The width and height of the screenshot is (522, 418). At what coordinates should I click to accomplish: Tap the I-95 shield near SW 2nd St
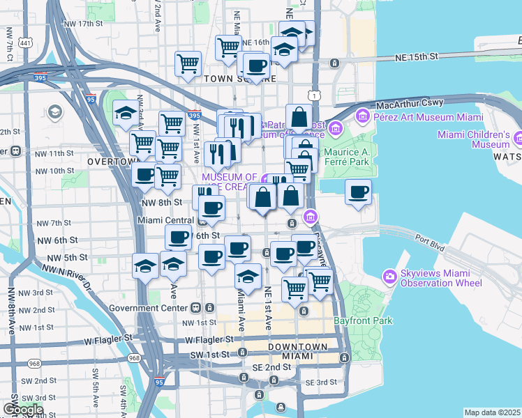160,382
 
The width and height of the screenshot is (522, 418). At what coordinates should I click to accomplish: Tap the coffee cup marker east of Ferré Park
359,192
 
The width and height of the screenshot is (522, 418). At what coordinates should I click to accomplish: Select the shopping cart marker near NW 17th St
228,47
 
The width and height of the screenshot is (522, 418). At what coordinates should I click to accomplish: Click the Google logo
23,410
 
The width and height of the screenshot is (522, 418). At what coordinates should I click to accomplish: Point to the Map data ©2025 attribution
492,412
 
